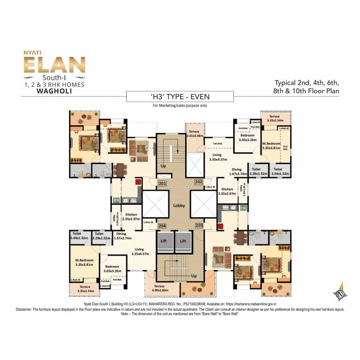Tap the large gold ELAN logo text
[x=55, y=65]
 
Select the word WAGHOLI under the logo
[x=54, y=91]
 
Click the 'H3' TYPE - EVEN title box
[x=180, y=97]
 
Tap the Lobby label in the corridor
[x=179, y=205]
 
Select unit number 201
[x=163, y=183]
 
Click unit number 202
[x=198, y=182]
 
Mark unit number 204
[x=162, y=226]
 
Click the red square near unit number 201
[x=138, y=182]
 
